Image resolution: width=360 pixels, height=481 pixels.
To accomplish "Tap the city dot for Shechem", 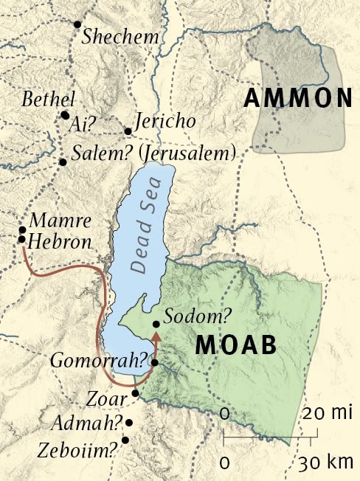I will click(x=77, y=24).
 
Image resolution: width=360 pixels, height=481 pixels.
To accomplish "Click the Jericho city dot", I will click(x=128, y=131).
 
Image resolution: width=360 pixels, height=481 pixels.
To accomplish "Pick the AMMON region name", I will click(x=298, y=98).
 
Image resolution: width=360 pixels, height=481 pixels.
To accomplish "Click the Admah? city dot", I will click(x=129, y=423).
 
